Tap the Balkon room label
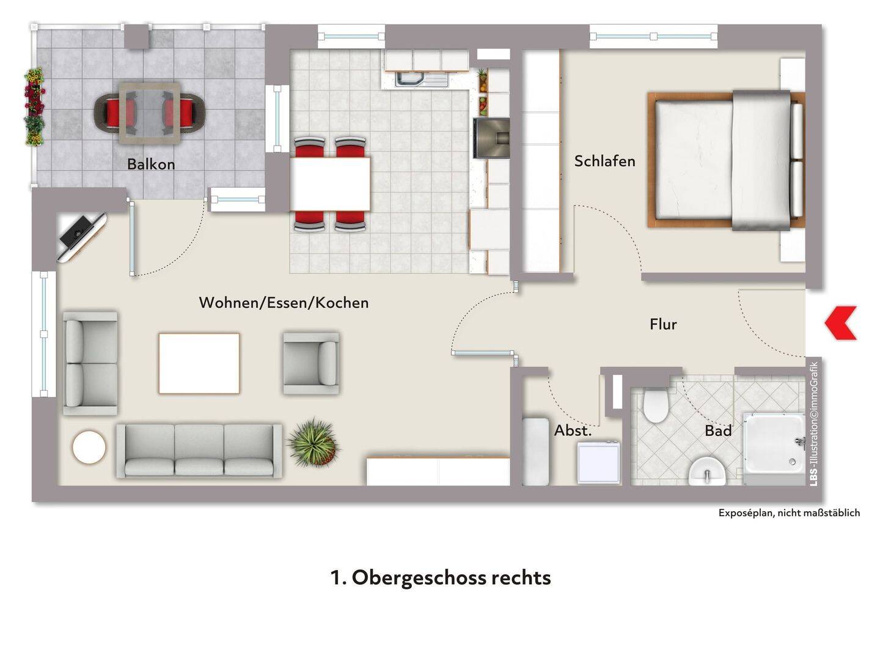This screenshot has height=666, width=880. coord(151,164)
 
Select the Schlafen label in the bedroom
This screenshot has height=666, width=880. coord(604,161)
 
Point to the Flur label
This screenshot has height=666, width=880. coord(663,324)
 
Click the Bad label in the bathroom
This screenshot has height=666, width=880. coord(719,431)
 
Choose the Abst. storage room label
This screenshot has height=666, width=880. coord(573,431)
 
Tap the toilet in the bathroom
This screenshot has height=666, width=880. coord(656,405)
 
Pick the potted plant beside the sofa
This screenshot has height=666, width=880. coord(313,443)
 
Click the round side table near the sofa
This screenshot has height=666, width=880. coord(89,447)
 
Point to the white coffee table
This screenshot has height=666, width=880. coord(199,363)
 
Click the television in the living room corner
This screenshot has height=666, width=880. coord(80,237)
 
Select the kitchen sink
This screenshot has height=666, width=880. coord(421,80)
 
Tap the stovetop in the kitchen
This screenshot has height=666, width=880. coord(491,138)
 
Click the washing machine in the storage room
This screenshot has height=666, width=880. coord(598,462)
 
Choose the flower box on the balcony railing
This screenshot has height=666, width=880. coord(34,107)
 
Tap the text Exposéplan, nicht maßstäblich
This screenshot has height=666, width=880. coord(789,512)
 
